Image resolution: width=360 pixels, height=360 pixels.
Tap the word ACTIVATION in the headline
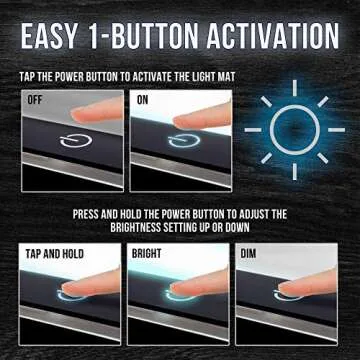tap(273, 35)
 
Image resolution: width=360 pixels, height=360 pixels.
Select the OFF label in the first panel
tap(35, 100)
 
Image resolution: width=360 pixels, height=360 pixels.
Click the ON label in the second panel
tap(142, 100)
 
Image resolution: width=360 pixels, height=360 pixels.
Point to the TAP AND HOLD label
tap(54, 254)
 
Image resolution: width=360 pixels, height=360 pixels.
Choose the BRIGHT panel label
tap(147, 254)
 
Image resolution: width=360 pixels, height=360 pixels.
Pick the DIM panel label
tap(248, 254)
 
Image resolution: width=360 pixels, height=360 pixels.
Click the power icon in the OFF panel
tap(76, 142)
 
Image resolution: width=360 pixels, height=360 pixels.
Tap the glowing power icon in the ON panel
tap(184, 140)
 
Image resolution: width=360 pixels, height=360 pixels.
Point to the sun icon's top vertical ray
tap(295, 88)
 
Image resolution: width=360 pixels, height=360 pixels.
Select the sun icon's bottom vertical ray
tap(295, 172)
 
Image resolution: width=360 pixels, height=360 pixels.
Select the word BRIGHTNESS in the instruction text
tap(136, 228)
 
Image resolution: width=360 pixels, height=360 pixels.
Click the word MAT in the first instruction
tap(227, 77)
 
